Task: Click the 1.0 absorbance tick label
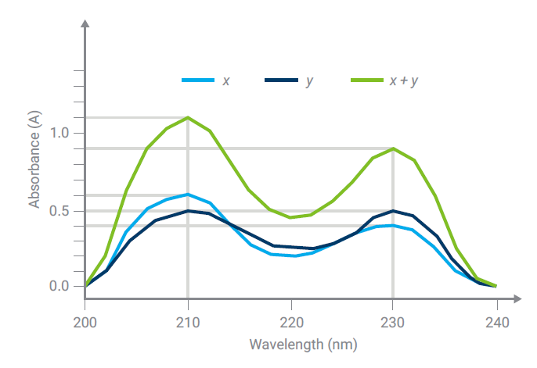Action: tap(59, 133)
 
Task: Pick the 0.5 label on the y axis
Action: tap(59, 211)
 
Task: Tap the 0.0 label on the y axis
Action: tap(59, 286)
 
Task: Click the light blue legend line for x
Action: tap(197, 80)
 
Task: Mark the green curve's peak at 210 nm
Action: tap(188, 117)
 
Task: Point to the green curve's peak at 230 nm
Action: tap(393, 148)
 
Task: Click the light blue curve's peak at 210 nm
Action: tap(188, 195)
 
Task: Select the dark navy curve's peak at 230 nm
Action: tap(393, 210)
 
